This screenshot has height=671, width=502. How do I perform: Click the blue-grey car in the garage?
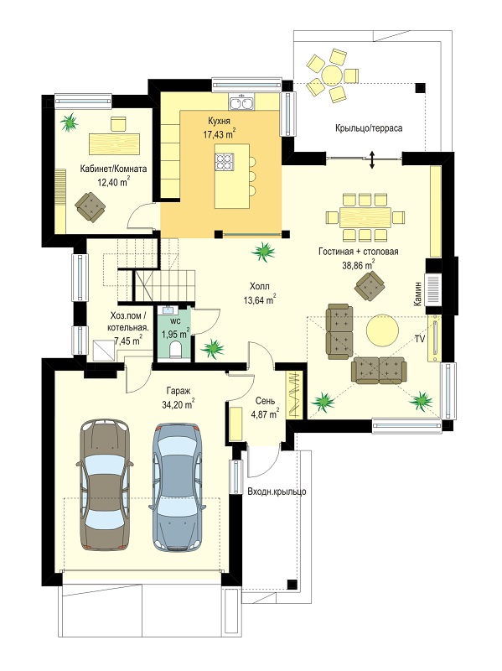click(178, 487)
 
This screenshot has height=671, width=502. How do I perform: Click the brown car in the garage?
click(105, 484)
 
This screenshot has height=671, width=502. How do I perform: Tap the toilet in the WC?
click(175, 351)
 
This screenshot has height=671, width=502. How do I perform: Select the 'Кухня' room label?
click(220, 120)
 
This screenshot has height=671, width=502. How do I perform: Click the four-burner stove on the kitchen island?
click(225, 162)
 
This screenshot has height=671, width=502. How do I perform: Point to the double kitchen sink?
click(241, 103)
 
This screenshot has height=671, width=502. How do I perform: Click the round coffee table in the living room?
click(382, 330)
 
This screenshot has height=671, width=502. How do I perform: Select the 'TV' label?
click(420, 340)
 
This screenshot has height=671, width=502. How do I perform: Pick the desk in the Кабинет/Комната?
click(115, 143)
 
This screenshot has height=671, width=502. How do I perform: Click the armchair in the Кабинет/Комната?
click(91, 207)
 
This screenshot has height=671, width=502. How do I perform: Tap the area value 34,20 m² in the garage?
click(179, 404)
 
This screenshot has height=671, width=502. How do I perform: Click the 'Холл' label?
click(260, 287)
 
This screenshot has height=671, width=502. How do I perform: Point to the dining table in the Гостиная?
click(365, 217)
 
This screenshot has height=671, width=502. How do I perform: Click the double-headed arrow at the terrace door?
click(372, 159)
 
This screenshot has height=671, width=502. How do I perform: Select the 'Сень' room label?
click(266, 402)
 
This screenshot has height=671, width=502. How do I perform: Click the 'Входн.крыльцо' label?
click(277, 492)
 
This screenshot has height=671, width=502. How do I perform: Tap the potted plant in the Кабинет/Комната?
click(69, 122)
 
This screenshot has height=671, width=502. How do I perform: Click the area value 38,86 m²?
click(359, 265)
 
